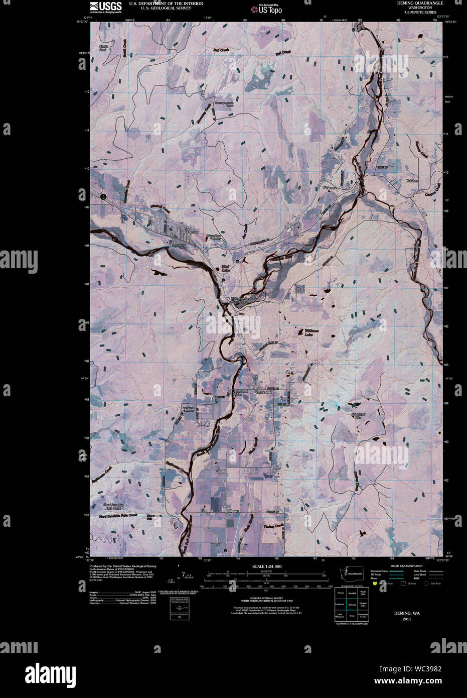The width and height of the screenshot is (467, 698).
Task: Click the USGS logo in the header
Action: (x=105, y=7)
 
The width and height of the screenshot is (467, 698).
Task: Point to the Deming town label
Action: (x=193, y=232)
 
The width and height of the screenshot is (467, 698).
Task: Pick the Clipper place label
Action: (x=233, y=511)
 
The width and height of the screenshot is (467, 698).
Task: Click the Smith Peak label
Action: (x=103, y=48)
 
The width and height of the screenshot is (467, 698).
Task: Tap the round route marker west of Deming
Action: (x=103, y=197)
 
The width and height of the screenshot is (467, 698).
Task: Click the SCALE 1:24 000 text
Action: (x=267, y=566)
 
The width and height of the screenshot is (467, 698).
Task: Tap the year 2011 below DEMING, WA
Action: (x=406, y=619)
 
